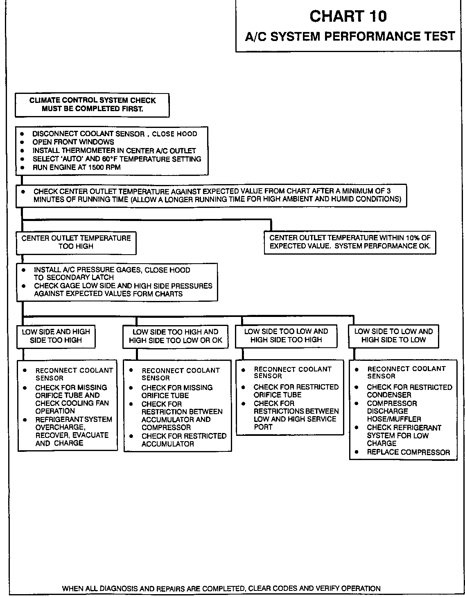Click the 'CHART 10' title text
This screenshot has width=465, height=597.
tap(348, 16)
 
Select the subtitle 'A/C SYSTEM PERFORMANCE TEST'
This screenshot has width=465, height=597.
tap(350, 36)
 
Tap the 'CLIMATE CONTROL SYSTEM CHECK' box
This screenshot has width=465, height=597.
tap(92, 105)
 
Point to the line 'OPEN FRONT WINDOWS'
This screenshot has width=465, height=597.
tap(73, 142)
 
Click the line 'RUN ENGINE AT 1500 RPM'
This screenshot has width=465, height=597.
tap(77, 167)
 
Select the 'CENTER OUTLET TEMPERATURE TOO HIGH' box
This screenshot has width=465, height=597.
tap(76, 242)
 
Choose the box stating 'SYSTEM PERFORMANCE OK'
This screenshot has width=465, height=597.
tap(350, 242)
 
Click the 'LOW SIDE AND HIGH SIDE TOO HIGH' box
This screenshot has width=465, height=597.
tap(56, 336)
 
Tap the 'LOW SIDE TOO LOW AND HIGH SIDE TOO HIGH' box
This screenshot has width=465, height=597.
tap(286, 335)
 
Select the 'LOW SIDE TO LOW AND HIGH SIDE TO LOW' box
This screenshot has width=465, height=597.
tap(393, 335)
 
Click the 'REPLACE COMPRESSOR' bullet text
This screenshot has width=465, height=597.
tap(408, 452)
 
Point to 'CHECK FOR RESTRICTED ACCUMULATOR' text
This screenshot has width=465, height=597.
tap(184, 440)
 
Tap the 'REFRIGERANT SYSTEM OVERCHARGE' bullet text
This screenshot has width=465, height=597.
tap(74, 423)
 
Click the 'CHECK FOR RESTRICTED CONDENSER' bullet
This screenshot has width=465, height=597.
tap(409, 391)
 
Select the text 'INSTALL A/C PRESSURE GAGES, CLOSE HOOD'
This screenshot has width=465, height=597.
tap(112, 270)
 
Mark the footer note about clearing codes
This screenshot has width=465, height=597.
tap(221, 588)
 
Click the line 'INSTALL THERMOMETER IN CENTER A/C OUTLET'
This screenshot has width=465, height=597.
tap(114, 150)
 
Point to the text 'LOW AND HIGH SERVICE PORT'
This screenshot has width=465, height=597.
tap(295, 423)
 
